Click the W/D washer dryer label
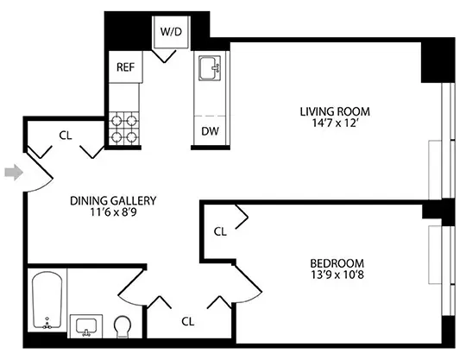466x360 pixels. click(169, 31)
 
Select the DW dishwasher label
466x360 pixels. click(209, 131)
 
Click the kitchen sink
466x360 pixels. click(209, 67)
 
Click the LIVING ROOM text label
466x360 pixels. click(334, 111)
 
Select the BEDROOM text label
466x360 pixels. click(337, 263)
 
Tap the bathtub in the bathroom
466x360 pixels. click(47, 301)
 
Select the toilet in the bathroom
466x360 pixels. click(123, 326)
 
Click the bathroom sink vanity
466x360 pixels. click(86, 326)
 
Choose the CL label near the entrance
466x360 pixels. click(66, 135)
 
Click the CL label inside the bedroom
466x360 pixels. click(220, 231)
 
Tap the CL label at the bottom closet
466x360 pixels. click(187, 321)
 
